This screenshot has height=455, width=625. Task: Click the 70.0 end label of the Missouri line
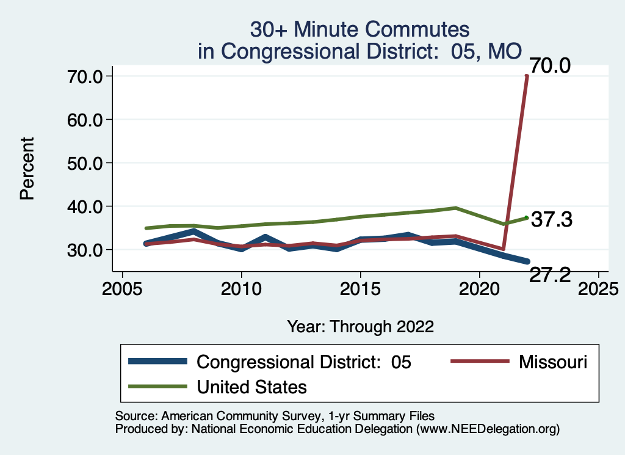[550, 65]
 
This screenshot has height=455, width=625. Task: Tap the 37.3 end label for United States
[551, 220]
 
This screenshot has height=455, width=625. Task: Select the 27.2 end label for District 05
[550, 275]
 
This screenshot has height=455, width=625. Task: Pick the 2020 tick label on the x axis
[479, 288]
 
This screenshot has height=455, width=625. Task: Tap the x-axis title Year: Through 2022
[360, 326]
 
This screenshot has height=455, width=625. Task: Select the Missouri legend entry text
[552, 362]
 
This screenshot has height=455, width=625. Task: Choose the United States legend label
[251, 387]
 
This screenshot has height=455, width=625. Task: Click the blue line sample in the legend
[157, 362]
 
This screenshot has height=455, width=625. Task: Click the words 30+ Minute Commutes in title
[360, 29]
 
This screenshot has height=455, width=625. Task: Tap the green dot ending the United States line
[526, 217]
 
